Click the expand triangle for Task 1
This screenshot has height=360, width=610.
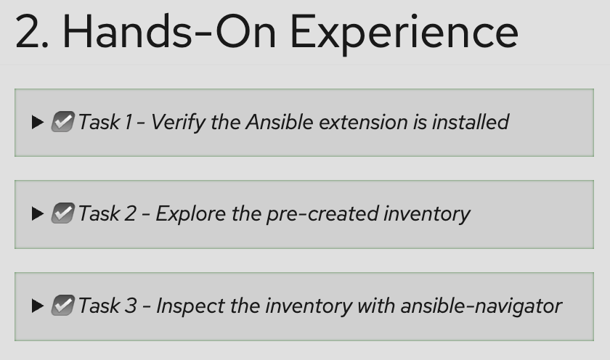point(37,122)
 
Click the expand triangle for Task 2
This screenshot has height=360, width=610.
point(37,213)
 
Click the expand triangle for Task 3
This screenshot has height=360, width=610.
point(37,306)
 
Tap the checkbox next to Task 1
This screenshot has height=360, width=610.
point(62,122)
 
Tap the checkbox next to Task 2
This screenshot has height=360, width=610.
point(62,213)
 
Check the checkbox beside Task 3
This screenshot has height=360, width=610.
point(62,305)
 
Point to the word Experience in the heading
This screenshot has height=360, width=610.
point(404,34)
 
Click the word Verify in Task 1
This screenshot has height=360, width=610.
point(178,123)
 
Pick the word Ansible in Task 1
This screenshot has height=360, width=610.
point(280,122)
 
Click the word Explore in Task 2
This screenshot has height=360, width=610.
point(190,214)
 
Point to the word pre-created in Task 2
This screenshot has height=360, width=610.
point(322,214)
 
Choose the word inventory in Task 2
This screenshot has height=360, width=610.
point(427,214)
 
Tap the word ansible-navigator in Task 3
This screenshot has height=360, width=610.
point(481,306)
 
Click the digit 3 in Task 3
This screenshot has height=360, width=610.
point(130,306)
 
